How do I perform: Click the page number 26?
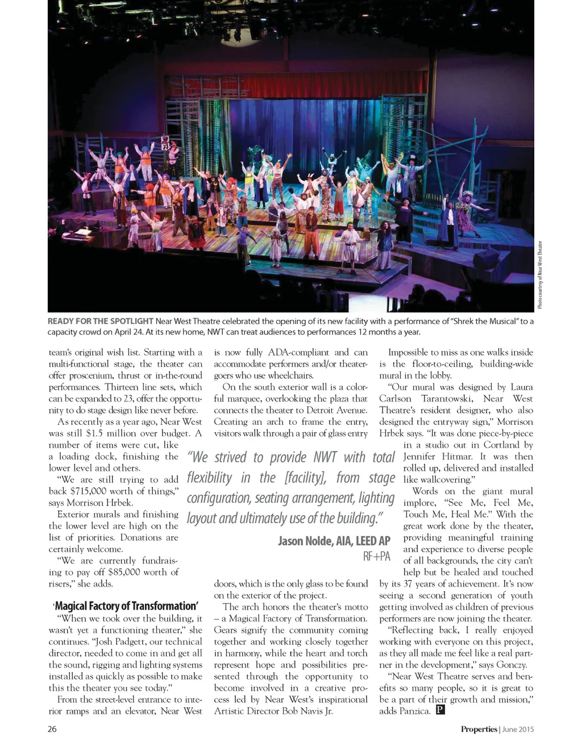click(52, 729)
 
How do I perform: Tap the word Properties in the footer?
click(479, 729)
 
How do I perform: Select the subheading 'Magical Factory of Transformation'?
click(126, 606)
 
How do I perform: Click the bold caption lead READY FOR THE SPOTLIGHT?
click(101, 321)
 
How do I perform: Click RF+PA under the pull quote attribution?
click(376, 556)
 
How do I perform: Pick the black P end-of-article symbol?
click(440, 710)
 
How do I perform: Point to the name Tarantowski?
click(448, 398)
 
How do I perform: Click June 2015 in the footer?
click(518, 729)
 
